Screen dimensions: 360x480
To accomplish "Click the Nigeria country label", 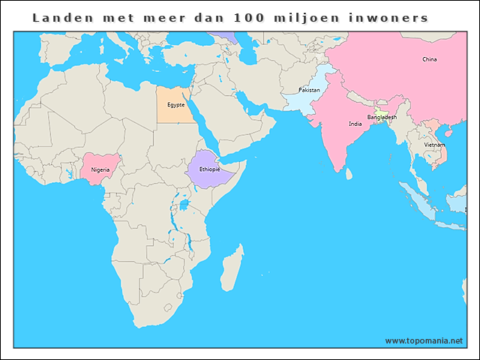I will tap(100, 169).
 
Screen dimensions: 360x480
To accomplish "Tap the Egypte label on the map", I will tap(176, 105).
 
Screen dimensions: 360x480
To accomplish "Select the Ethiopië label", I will tap(210, 169).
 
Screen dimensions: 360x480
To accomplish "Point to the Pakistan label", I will tap(309, 90).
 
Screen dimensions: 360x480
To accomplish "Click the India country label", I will tap(355, 124).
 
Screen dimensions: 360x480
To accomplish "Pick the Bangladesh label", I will tap(382, 118).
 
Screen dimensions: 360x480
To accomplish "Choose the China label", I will tap(430, 59).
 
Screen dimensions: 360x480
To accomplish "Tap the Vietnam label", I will tap(434, 145).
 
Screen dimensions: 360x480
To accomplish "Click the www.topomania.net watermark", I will tap(424, 340).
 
